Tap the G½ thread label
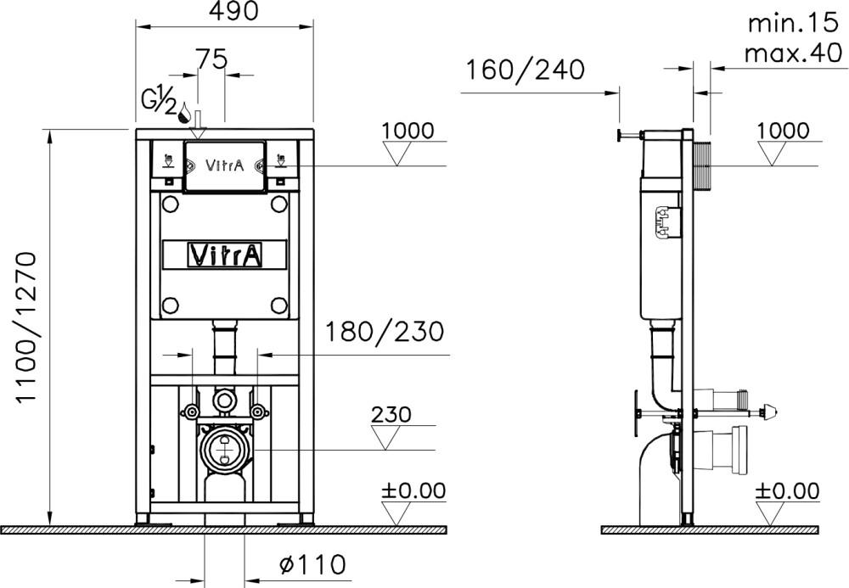160,99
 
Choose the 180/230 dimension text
381,330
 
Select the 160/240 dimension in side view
524,70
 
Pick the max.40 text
786,53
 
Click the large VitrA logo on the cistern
224,254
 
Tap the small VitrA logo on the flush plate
226,166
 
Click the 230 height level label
391,415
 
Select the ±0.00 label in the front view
412,490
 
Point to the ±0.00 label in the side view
787,490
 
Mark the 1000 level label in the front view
408,130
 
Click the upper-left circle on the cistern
170,204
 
